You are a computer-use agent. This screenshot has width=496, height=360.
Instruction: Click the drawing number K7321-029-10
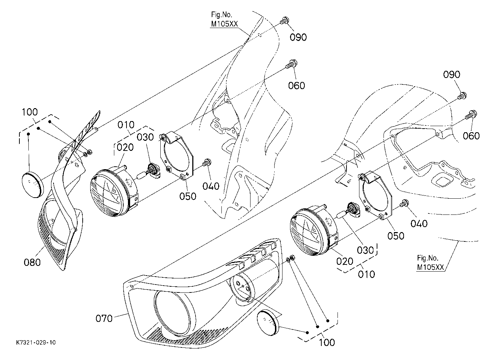pos(36,342)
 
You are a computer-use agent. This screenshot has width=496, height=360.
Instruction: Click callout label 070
pos(104,319)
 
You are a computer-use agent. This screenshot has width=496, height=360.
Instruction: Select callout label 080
pos(32,262)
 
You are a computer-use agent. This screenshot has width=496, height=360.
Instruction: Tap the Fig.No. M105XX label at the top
pos(224,19)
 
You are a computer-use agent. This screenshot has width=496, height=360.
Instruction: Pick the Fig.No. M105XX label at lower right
pos(430,263)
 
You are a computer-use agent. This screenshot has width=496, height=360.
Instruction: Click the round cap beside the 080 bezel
pos(33,184)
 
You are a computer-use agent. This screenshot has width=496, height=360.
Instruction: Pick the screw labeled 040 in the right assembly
pos(404,203)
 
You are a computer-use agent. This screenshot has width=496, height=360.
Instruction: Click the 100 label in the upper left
pos(30,112)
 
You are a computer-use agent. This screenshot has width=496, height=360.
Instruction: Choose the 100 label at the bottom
pos(327,342)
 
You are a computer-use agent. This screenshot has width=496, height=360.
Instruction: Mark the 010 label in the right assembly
pos(367,274)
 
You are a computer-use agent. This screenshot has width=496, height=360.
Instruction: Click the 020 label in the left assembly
pos(125,147)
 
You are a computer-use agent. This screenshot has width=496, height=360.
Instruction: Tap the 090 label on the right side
pos(451,74)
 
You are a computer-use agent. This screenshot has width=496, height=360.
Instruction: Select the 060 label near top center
pos(297,86)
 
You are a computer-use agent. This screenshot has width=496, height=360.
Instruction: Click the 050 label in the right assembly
pos(396,236)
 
